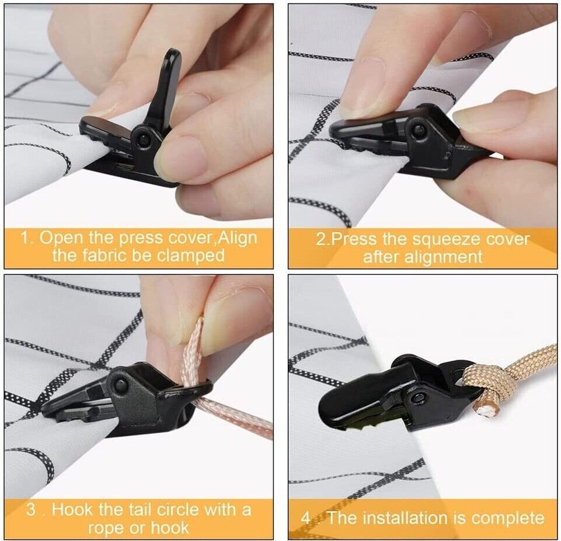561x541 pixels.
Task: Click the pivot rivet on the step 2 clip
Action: point(418,130)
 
